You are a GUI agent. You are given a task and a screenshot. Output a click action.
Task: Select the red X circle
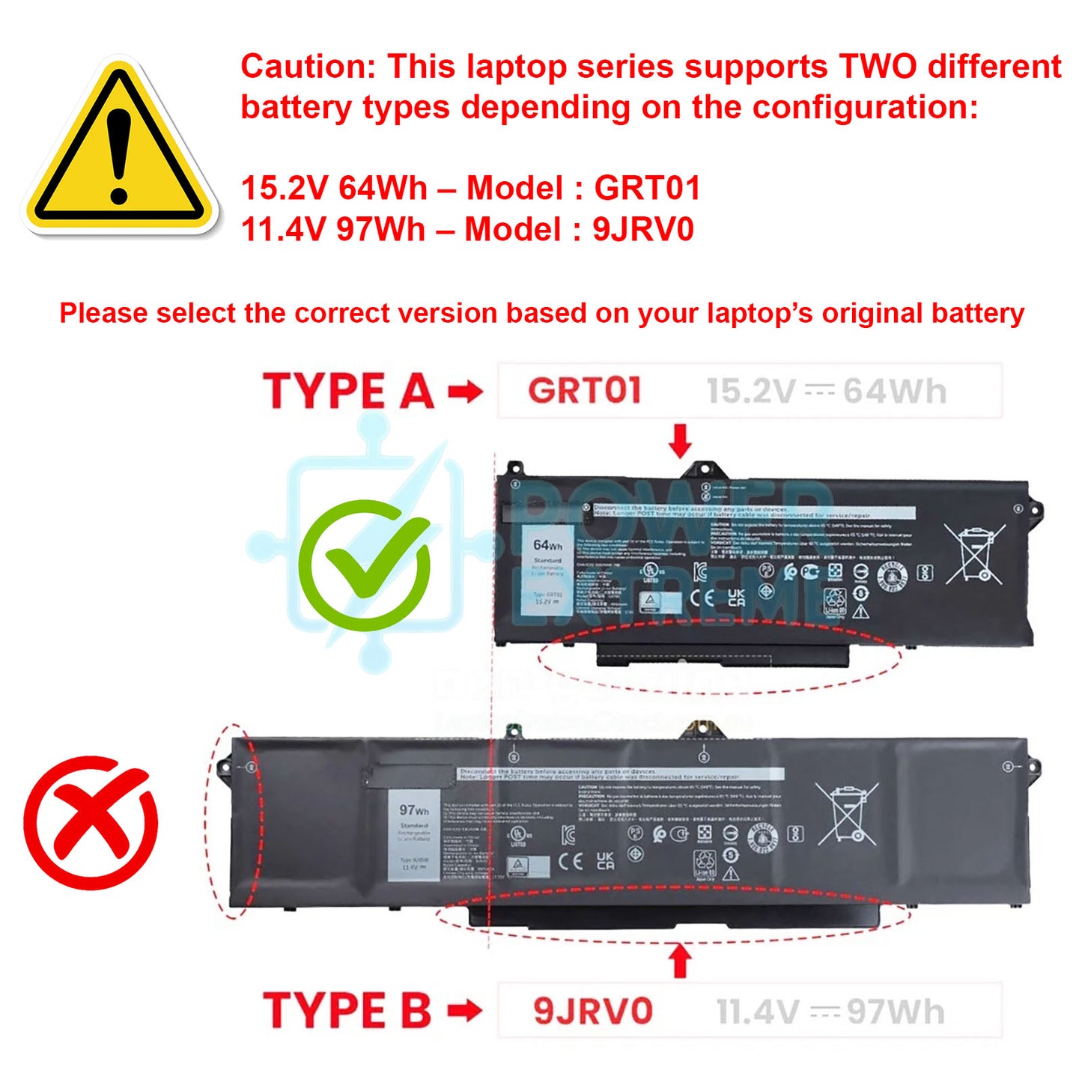(x=91, y=822)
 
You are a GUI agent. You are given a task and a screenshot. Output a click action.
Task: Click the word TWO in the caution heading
(x=878, y=67)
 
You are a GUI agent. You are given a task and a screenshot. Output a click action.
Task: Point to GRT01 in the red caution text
(x=647, y=188)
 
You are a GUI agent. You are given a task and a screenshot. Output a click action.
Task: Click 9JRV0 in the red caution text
(x=643, y=229)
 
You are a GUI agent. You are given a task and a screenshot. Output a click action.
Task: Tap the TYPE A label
(x=348, y=392)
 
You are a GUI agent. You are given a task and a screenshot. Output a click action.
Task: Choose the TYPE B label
(x=347, y=1010)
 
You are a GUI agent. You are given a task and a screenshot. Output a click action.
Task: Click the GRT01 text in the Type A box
(x=585, y=391)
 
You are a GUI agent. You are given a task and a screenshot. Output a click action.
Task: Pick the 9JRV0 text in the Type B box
(x=593, y=1011)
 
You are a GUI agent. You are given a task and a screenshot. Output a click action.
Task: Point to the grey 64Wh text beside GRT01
(x=895, y=392)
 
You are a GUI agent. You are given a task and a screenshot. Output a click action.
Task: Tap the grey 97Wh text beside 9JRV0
(x=896, y=1012)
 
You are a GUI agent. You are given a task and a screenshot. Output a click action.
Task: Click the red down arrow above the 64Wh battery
(x=680, y=440)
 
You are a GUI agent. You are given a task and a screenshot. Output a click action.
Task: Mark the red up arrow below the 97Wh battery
(x=680, y=961)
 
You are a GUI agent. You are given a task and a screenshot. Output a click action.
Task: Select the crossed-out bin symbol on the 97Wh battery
(x=847, y=814)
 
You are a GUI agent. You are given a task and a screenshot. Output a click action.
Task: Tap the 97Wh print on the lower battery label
(x=414, y=810)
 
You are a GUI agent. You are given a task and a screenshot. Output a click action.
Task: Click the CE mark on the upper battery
(x=702, y=598)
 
